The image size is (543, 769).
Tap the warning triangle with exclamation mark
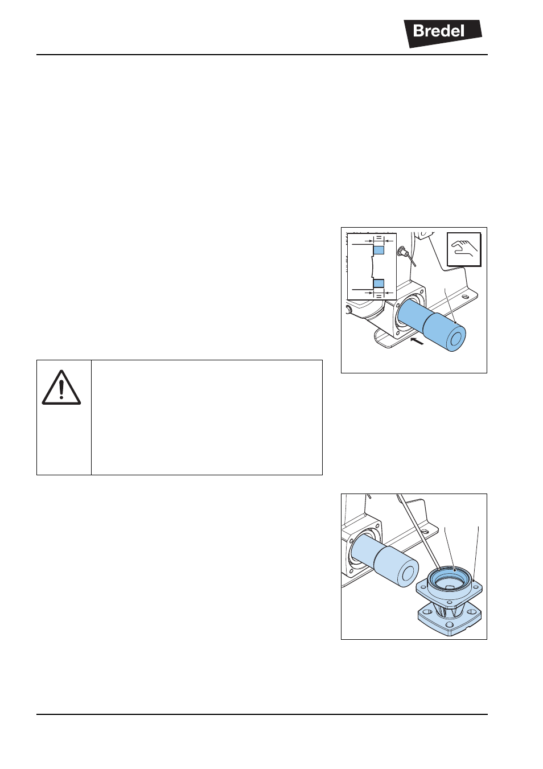click(61, 388)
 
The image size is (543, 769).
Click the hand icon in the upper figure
click(464, 249)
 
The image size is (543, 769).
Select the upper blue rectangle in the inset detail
click(379, 250)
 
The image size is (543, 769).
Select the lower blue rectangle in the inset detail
click(379, 283)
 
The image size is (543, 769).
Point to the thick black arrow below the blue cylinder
click(417, 342)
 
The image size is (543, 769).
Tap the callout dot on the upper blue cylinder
click(455, 323)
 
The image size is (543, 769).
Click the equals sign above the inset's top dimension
click(379, 237)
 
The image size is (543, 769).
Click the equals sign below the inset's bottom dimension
click(379, 295)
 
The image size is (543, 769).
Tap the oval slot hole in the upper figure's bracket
click(465, 295)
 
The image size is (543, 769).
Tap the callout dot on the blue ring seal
click(455, 570)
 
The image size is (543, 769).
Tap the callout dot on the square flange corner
click(474, 581)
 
